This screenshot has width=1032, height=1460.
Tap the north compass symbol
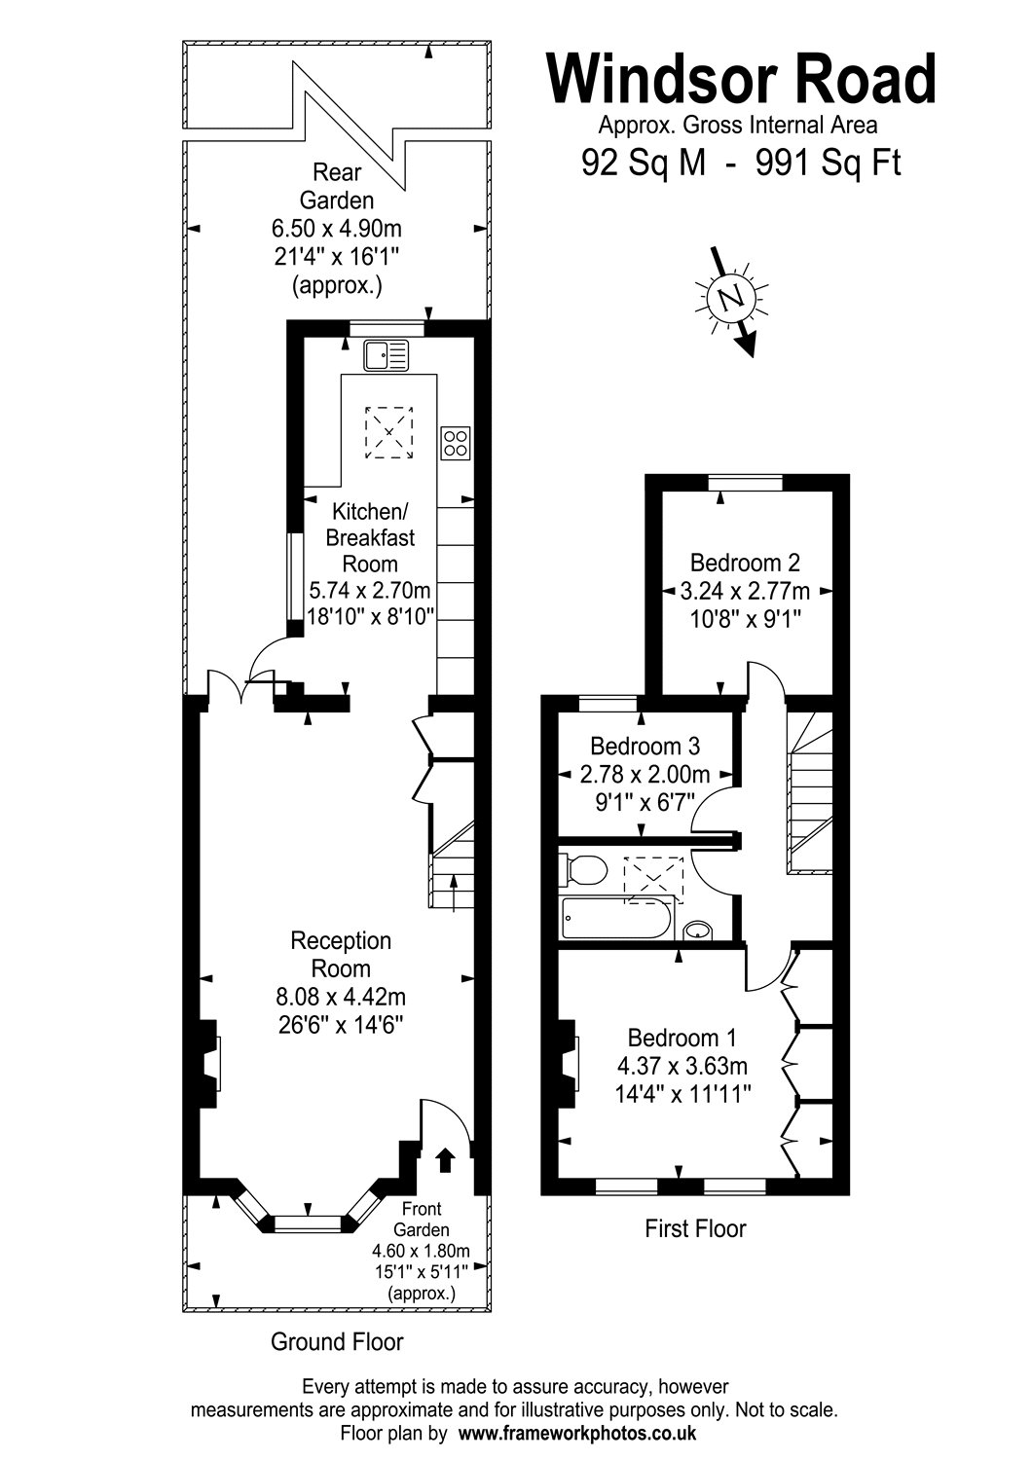click(x=731, y=296)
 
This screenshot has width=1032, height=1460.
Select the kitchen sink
click(x=388, y=355)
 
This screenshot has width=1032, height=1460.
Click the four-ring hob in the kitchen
click(x=456, y=443)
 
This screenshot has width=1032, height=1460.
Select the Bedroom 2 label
click(x=745, y=563)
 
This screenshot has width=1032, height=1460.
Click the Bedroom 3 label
click(x=645, y=747)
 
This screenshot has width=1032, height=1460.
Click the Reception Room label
click(x=341, y=955)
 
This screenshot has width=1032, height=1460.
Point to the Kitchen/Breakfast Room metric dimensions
click(x=369, y=590)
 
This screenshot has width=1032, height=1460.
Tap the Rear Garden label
click(x=336, y=187)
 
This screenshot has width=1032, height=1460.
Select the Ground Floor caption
click(x=336, y=1342)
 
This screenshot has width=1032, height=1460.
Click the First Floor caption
click(x=695, y=1228)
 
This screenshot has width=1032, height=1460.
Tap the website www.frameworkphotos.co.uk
click(x=576, y=1433)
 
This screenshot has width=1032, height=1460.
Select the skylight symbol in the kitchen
click(x=389, y=432)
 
